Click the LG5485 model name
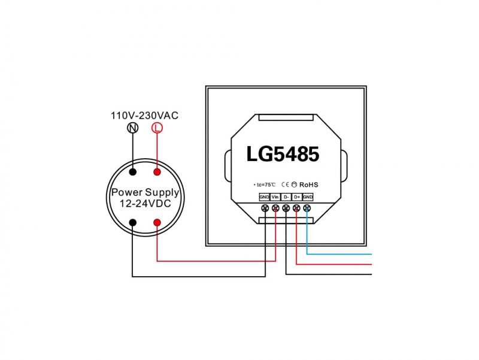click(x=283, y=154)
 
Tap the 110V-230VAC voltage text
click(x=145, y=115)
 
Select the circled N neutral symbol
click(x=132, y=128)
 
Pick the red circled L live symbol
click(x=157, y=128)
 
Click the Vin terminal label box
click(x=275, y=197)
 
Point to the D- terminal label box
click(x=286, y=197)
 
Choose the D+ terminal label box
click(x=297, y=197)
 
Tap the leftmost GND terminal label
click(x=264, y=197)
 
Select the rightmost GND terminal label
click(x=308, y=197)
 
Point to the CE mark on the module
click(x=285, y=184)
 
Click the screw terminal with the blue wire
click(x=307, y=208)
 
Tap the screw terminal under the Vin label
click(x=275, y=208)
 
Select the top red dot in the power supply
click(x=157, y=173)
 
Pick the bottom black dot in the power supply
click(x=132, y=223)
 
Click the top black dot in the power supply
click(x=132, y=173)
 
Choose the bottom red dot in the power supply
click(x=157, y=223)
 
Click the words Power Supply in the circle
click(x=145, y=193)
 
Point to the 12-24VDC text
click(x=145, y=204)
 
